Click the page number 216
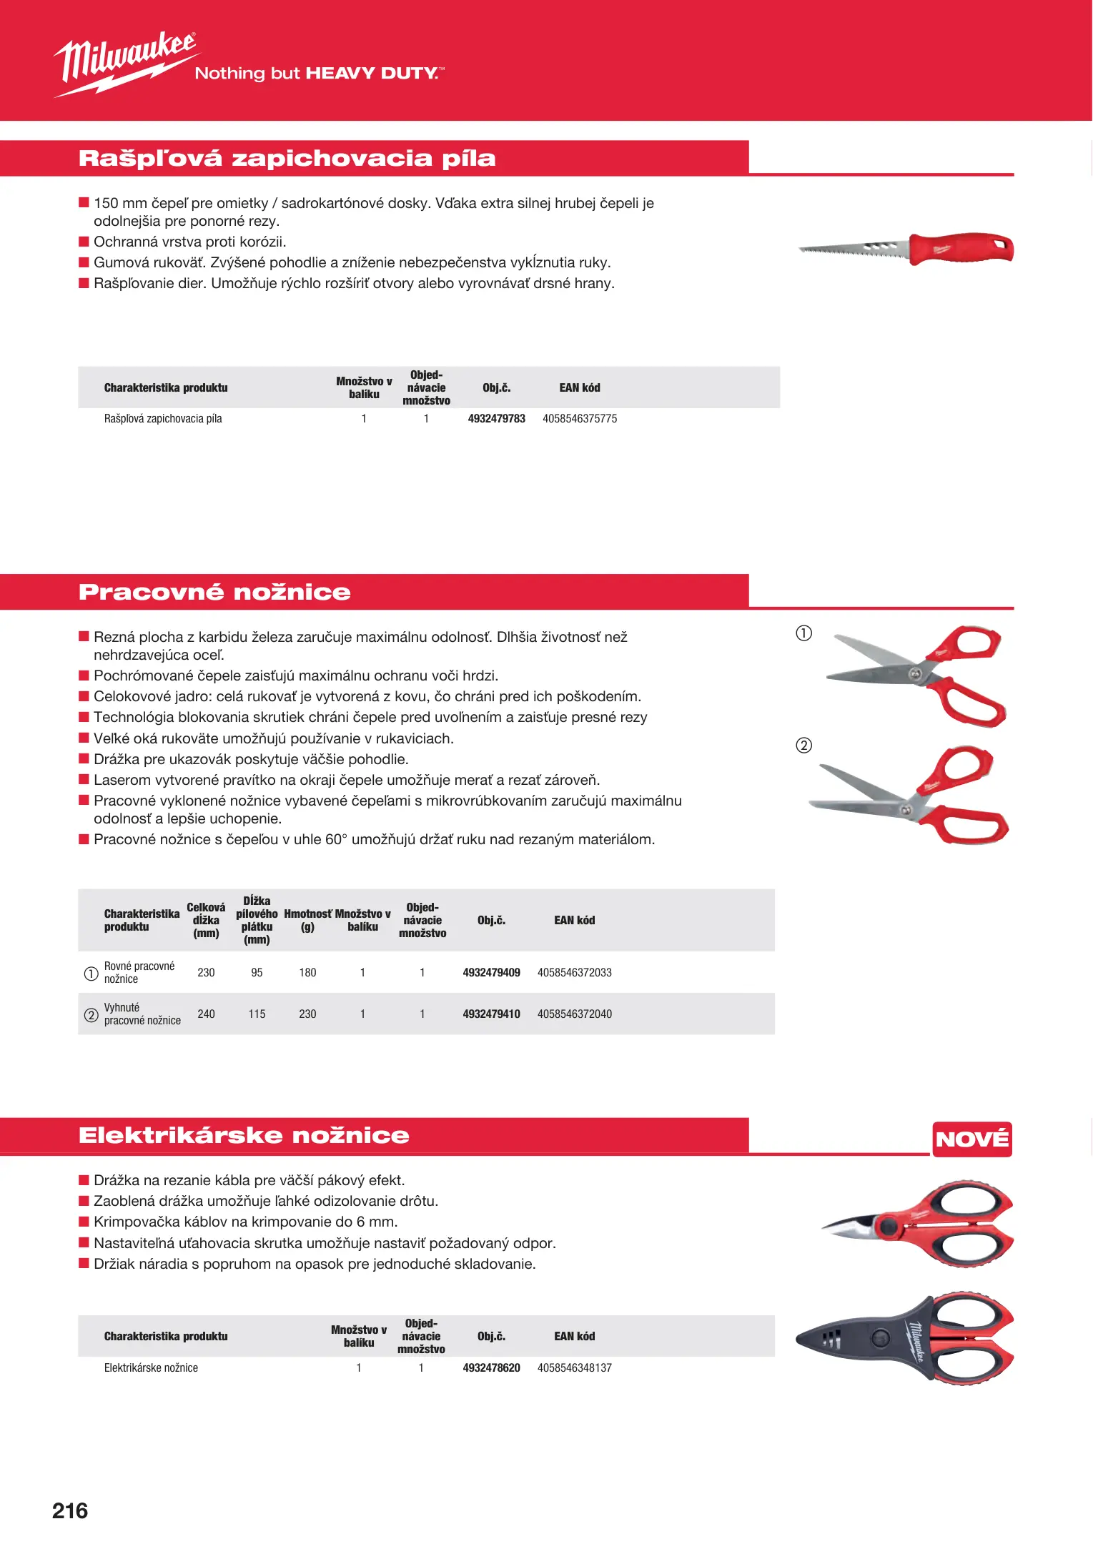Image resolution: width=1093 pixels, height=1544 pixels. coord(70,1510)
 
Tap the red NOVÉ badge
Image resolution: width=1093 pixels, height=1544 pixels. coord(972,1139)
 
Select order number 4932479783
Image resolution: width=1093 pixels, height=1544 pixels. coord(496,419)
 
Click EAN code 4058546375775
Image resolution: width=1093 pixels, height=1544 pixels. coord(579,419)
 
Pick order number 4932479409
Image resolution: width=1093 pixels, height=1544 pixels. coord(491,972)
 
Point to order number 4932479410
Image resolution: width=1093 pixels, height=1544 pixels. coord(491,1014)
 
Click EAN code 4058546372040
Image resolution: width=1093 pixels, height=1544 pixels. coord(574,1014)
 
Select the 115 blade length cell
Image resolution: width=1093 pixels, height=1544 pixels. coord(257,1014)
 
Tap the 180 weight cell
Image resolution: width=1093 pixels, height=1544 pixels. coord(307,972)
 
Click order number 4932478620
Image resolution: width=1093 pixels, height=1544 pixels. coord(491,1367)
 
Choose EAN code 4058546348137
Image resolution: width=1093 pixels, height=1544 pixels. coord(574,1367)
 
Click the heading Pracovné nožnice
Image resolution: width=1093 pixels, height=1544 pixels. coord(214,592)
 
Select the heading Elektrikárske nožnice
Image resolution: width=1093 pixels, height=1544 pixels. coord(244,1135)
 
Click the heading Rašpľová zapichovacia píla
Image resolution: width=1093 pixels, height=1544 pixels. coord(287,158)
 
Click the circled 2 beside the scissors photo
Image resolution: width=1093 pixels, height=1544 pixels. coord(804,746)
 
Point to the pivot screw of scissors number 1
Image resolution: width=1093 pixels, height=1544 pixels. coord(914,673)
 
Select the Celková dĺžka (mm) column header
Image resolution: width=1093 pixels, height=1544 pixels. coord(206,920)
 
